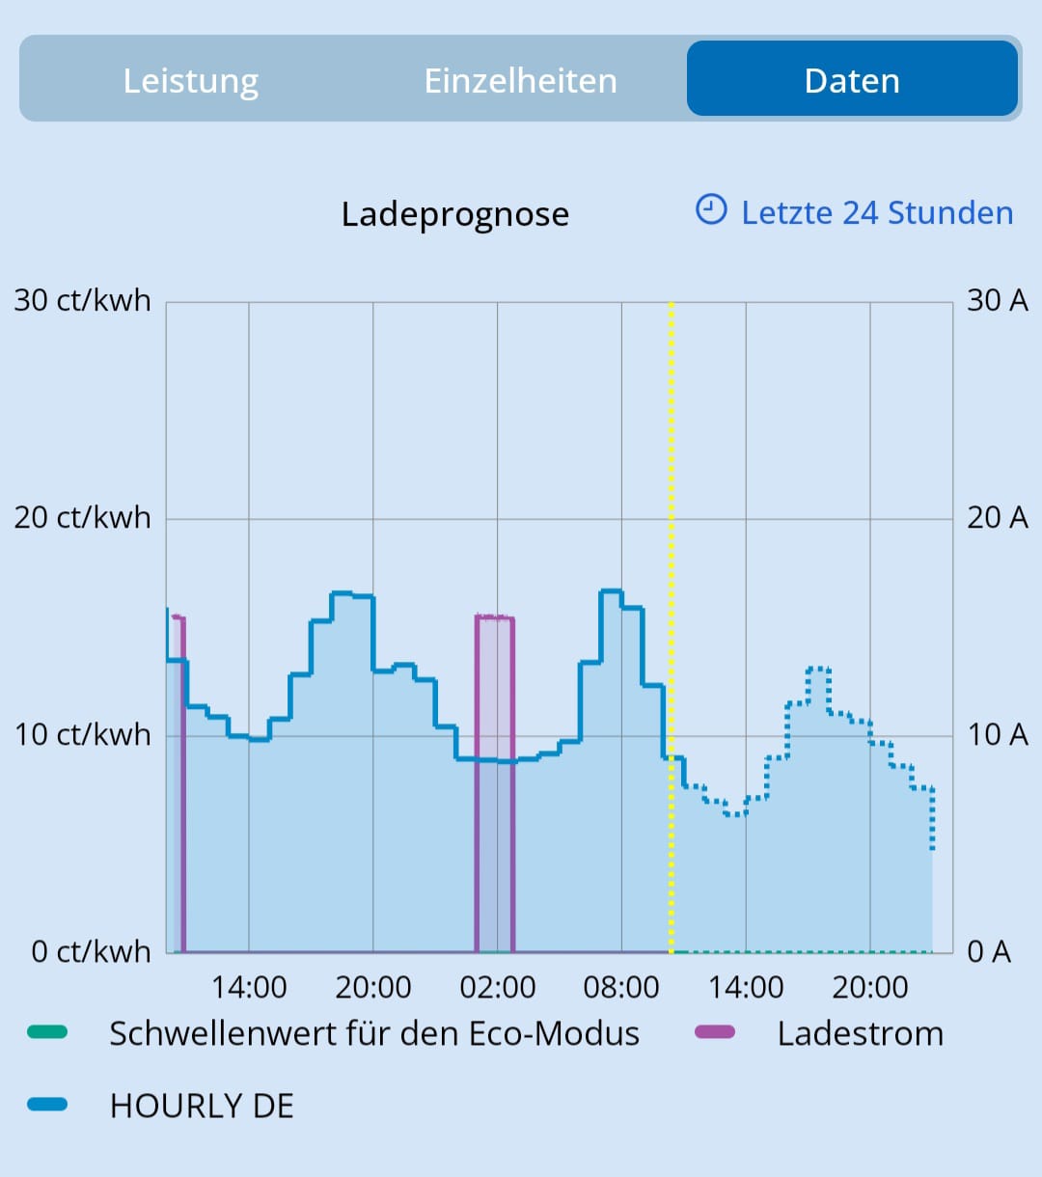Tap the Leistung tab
coord(191,81)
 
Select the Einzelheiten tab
coord(521,81)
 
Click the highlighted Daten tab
coord(852,81)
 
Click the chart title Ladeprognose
coord(455,214)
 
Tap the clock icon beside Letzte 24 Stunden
coord(711,209)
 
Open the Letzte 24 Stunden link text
coord(877,213)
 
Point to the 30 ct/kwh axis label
coord(83,301)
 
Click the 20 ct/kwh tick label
coord(83,518)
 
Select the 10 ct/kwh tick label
coord(83,735)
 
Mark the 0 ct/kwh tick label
coord(92,952)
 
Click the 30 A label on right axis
coord(998,301)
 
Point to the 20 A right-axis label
coord(998,518)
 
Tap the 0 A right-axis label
coord(989,952)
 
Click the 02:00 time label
coord(498,988)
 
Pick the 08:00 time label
coord(621,988)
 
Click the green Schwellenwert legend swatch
coord(47,1033)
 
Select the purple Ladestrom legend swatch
coord(715,1033)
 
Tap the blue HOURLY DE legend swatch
coord(47,1106)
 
